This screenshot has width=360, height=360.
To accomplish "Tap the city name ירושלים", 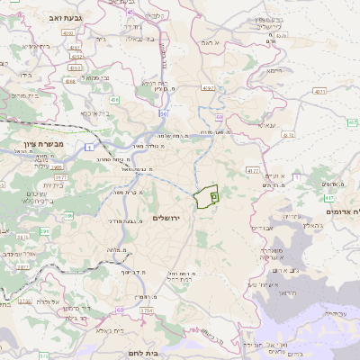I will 167,219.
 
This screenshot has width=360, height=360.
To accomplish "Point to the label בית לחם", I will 144,354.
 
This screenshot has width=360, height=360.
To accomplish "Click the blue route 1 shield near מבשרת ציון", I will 90,146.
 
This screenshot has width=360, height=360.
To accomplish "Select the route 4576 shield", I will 252,169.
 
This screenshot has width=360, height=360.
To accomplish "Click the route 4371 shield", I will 319,92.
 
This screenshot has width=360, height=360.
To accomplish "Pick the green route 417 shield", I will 328,197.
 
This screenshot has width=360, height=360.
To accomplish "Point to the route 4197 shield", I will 209,88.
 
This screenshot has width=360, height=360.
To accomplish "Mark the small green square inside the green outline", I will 214,194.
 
